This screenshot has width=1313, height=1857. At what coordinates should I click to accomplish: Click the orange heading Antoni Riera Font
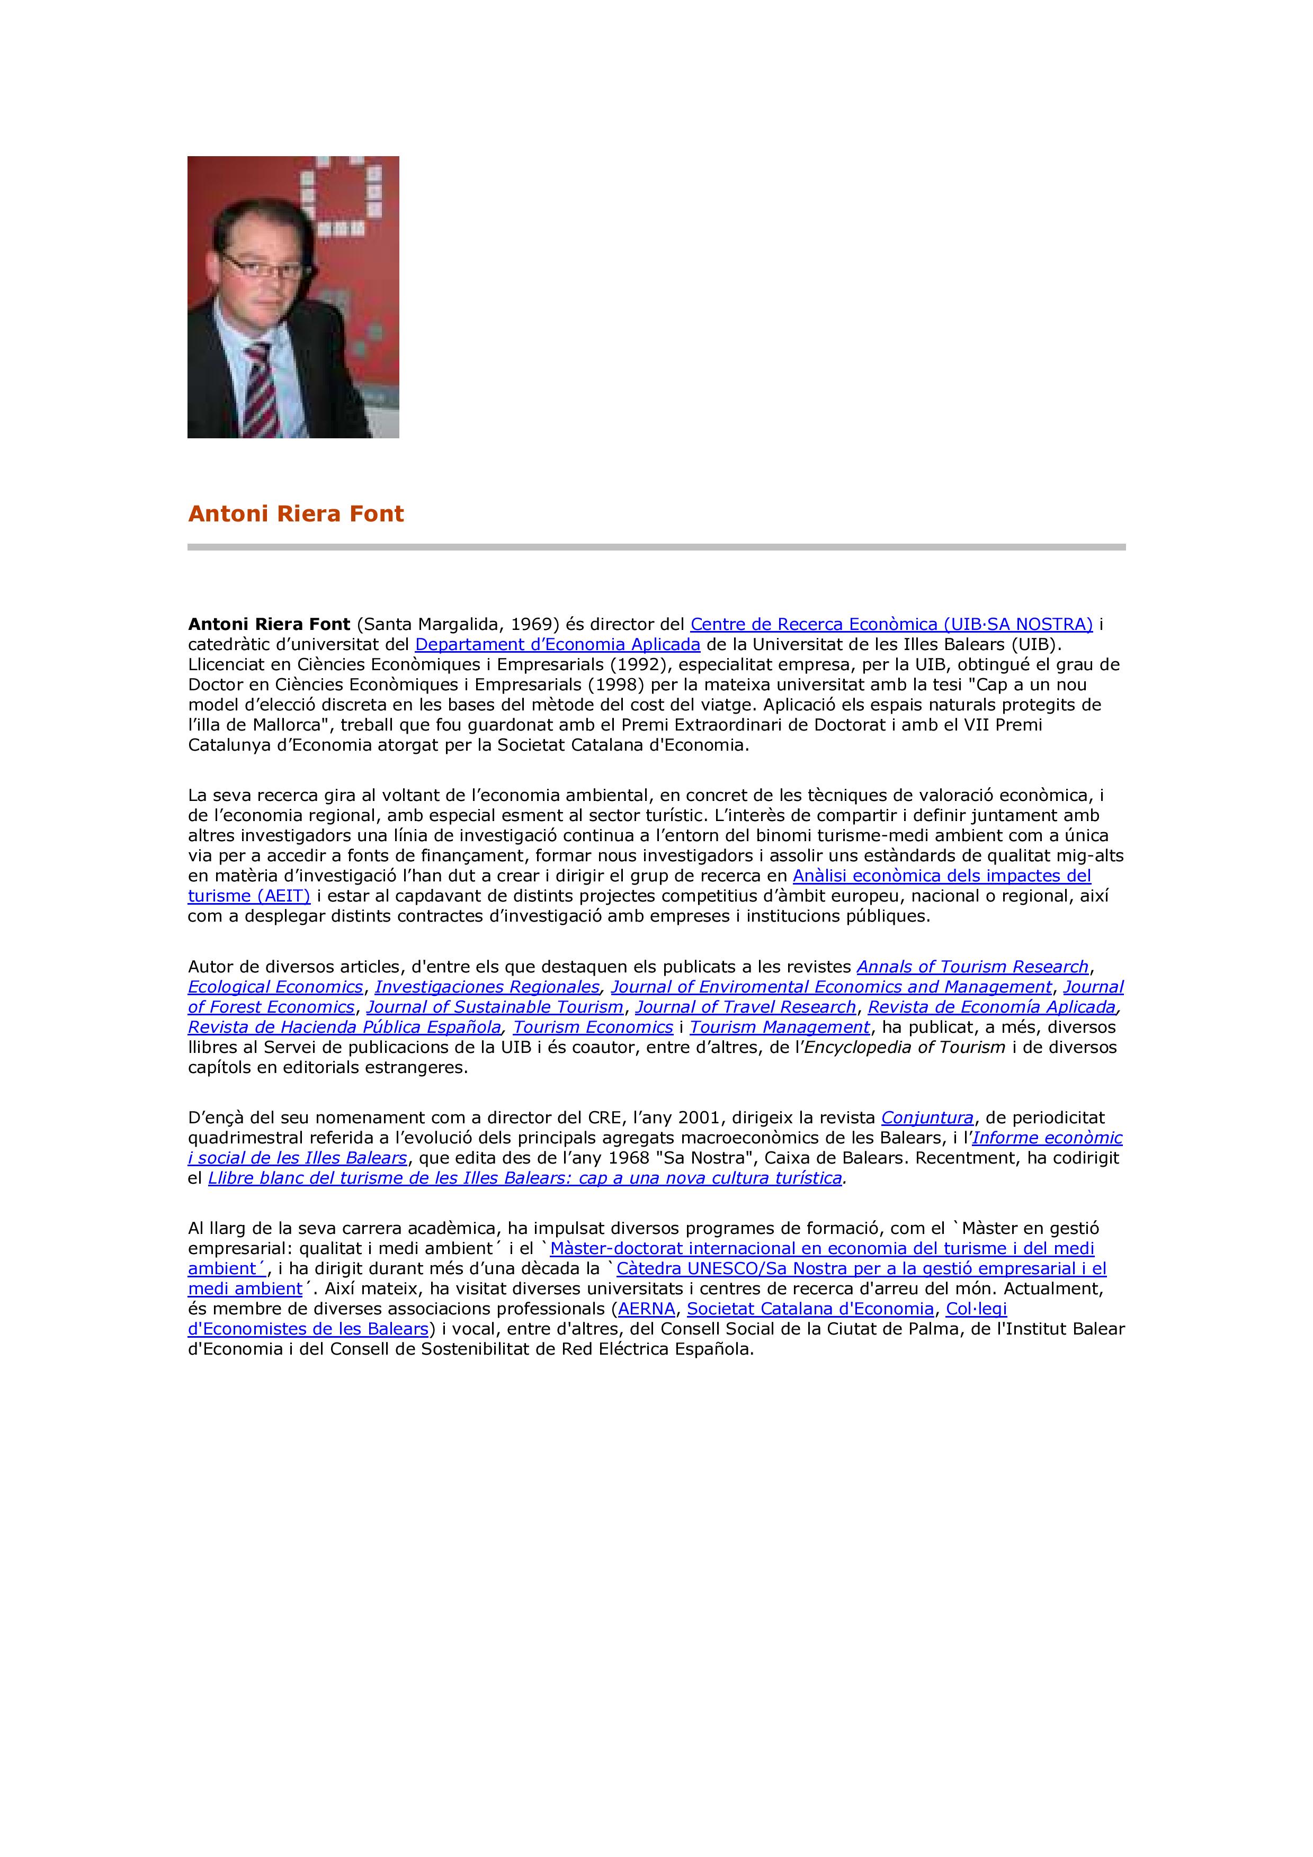pyautogui.click(x=296, y=513)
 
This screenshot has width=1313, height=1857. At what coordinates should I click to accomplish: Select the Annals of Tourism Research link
pyautogui.click(x=972, y=967)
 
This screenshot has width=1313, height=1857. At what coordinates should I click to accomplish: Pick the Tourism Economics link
pyautogui.click(x=593, y=1027)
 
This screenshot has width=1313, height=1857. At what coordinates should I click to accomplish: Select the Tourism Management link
pyautogui.click(x=779, y=1027)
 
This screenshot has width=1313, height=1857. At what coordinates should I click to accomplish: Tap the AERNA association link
pyautogui.click(x=646, y=1309)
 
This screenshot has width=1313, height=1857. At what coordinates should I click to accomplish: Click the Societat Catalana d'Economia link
pyautogui.click(x=810, y=1309)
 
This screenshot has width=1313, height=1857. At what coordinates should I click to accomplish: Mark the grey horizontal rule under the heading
pyautogui.click(x=656, y=547)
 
